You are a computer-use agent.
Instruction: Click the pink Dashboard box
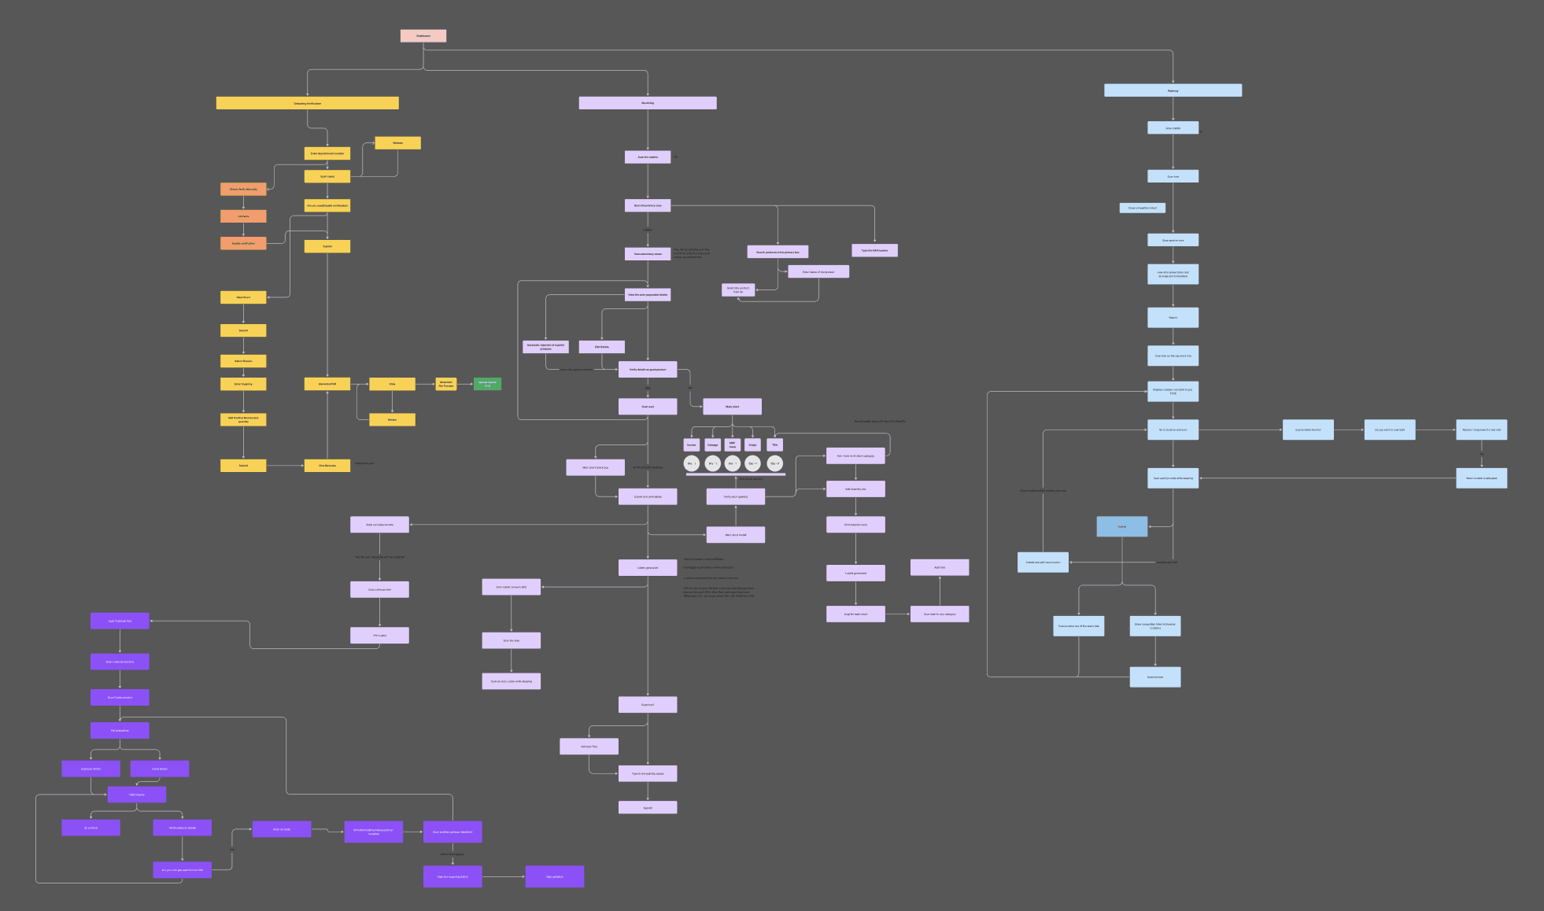[423, 35]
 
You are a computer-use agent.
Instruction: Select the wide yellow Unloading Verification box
[307, 103]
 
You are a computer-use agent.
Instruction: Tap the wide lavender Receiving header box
[648, 103]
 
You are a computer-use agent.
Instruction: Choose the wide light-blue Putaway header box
[1173, 90]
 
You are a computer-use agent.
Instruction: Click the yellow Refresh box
[397, 142]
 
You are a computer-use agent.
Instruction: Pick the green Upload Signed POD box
[487, 384]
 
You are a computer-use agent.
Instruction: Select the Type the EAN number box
[874, 250]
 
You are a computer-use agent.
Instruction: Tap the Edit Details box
[602, 347]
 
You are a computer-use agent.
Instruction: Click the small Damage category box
[712, 444]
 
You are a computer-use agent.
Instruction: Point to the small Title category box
[774, 444]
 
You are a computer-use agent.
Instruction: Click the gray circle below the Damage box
[712, 463]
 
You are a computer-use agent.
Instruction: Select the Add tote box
[940, 567]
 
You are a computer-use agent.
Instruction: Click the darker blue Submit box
[1121, 526]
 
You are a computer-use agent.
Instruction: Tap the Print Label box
[379, 635]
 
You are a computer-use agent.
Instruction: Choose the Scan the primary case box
[648, 205]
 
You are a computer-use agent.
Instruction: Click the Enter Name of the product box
[818, 271]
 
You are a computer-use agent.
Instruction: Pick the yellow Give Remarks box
[327, 466]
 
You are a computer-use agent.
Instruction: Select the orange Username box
[243, 216]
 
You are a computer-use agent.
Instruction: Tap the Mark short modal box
[736, 535]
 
